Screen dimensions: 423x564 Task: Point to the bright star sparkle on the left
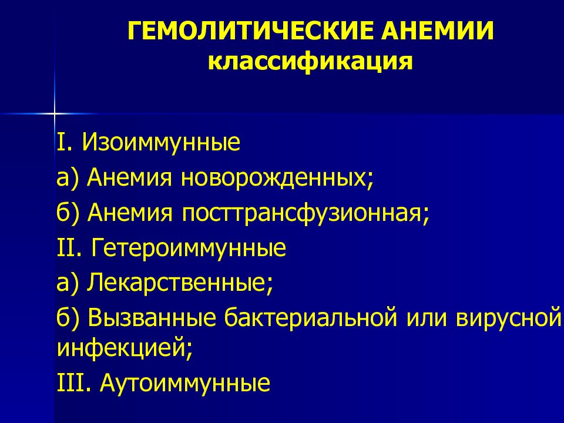[x=53, y=112]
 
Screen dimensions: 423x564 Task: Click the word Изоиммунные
[x=161, y=143]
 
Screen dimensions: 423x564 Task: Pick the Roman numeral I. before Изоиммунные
[x=65, y=143]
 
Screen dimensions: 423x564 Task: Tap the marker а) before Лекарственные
[x=68, y=284]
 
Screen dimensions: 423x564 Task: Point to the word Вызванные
[x=153, y=319]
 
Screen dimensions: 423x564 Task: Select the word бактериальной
[x=308, y=319]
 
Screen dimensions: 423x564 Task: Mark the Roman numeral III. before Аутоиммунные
[x=75, y=384]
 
